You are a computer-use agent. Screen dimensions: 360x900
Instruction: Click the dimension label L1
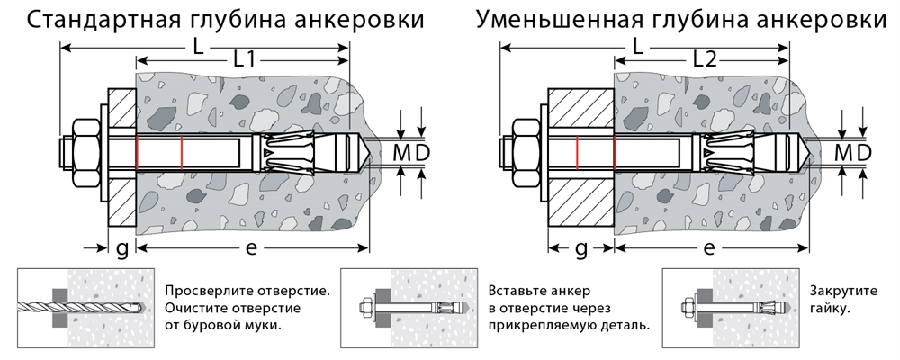(244, 60)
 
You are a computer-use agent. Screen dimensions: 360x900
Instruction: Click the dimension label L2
(705, 60)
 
